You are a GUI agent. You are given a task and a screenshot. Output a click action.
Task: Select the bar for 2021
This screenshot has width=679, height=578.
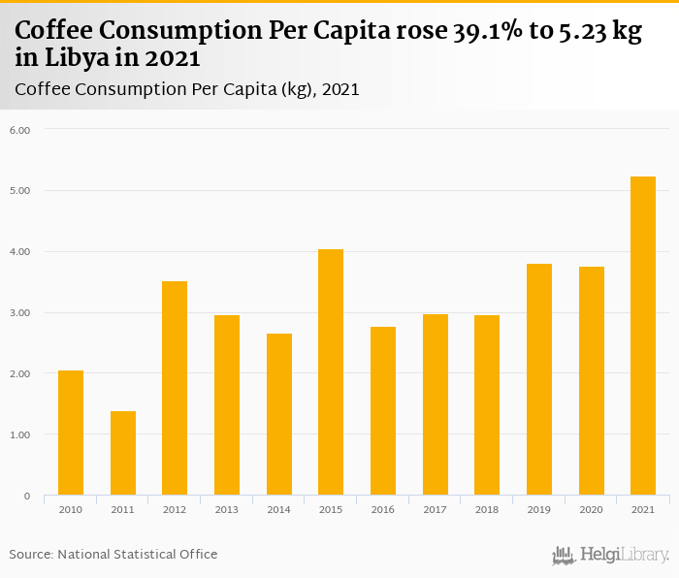click(643, 336)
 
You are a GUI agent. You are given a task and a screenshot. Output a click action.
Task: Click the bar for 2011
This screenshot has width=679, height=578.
click(123, 453)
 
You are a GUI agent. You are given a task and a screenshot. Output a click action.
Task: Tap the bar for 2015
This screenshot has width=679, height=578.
click(331, 372)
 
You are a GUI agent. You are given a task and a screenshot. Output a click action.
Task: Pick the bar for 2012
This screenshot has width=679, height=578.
click(175, 388)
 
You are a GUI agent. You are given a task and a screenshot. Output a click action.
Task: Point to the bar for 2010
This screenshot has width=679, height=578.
click(71, 433)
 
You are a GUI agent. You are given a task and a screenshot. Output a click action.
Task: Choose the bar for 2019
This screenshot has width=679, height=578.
click(539, 379)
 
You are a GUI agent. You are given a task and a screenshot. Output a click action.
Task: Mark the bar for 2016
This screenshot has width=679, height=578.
click(383, 411)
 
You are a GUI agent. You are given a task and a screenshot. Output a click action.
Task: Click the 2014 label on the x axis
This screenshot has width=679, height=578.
click(278, 509)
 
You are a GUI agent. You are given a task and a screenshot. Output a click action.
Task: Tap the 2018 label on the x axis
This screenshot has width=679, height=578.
click(487, 509)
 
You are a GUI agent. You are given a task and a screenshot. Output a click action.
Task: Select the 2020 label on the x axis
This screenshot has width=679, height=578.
click(591, 509)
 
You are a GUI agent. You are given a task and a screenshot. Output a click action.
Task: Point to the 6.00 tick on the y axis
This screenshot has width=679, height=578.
click(20, 130)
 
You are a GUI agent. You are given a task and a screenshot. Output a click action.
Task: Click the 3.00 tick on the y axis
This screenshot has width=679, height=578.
click(20, 313)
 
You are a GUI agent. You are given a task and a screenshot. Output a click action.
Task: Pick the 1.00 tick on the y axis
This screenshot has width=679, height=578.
click(20, 435)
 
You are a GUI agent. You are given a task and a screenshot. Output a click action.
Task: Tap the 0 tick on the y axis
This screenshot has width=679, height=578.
click(27, 497)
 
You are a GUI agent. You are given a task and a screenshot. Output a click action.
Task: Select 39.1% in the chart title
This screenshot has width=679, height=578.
click(490, 31)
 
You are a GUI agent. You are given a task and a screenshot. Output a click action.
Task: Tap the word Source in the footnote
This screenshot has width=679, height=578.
click(30, 555)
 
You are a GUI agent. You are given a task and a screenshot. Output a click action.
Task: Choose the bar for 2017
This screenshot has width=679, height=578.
click(435, 404)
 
